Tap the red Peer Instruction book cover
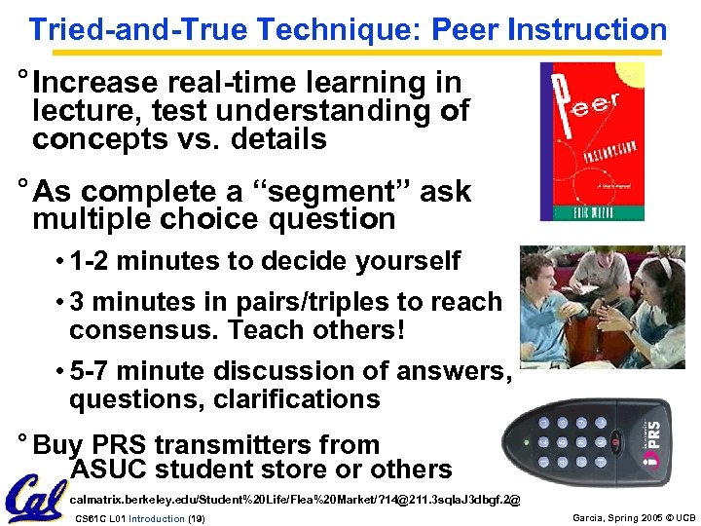pos(592,142)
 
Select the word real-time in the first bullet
pos(221,84)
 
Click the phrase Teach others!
pos(315,330)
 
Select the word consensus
pos(143,330)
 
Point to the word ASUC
pos(108,470)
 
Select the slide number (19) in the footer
pos(195,518)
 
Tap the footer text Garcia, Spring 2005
pos(605,518)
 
